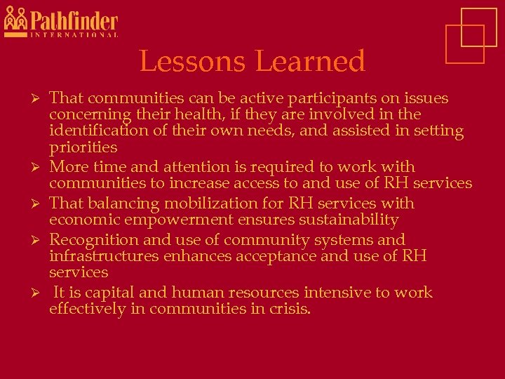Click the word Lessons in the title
point(192,62)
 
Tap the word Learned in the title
point(309,62)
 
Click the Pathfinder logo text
point(74,20)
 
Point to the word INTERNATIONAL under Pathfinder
point(74,34)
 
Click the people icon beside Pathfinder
point(15,20)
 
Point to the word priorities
point(83,147)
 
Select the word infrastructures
point(104,256)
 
